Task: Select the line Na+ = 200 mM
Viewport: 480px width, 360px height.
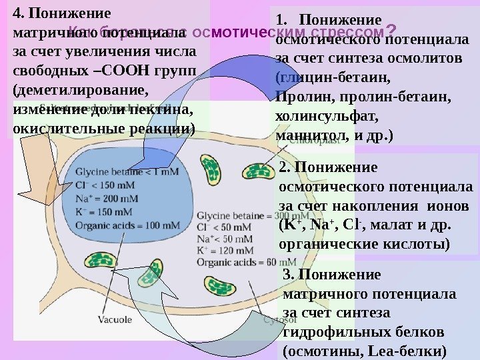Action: pyautogui.click(x=107, y=198)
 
